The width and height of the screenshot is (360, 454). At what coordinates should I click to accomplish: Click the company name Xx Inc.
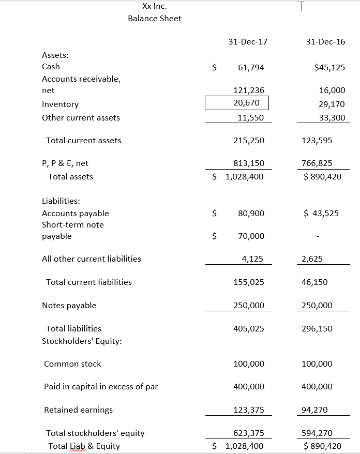click(x=154, y=6)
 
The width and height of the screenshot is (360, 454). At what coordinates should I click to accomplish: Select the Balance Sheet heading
click(x=154, y=19)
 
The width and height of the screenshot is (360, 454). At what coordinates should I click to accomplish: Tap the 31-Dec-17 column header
click(x=248, y=41)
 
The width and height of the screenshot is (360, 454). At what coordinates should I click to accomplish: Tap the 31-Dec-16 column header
click(x=325, y=41)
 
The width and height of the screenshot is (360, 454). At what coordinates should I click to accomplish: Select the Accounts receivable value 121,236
click(x=249, y=90)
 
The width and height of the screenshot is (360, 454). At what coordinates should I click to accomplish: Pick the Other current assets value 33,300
click(x=333, y=118)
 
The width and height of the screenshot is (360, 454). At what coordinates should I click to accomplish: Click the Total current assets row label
click(x=84, y=141)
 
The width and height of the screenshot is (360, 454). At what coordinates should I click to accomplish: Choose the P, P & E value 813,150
click(x=249, y=163)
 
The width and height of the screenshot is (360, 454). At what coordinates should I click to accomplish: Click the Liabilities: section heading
click(x=61, y=201)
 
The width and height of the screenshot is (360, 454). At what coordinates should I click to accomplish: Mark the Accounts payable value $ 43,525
click(x=321, y=213)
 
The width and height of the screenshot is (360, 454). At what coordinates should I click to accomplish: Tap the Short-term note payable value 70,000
click(x=251, y=236)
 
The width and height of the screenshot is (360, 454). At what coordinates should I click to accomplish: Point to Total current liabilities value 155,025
click(x=249, y=282)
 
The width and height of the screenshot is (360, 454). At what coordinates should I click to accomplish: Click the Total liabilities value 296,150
click(x=317, y=329)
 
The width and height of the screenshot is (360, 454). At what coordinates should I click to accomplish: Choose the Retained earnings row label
click(x=79, y=410)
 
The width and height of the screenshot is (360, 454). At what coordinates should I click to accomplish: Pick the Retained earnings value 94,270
click(x=315, y=410)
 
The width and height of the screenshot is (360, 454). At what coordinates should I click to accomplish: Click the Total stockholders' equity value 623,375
click(x=249, y=433)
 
